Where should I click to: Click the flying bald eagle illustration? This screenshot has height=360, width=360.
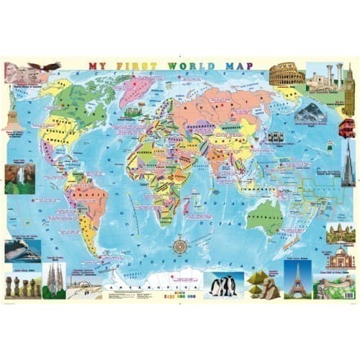click(x=49, y=66)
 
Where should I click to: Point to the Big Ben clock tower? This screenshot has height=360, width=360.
click(x=349, y=91)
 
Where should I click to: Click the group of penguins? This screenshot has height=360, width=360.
click(x=224, y=286)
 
